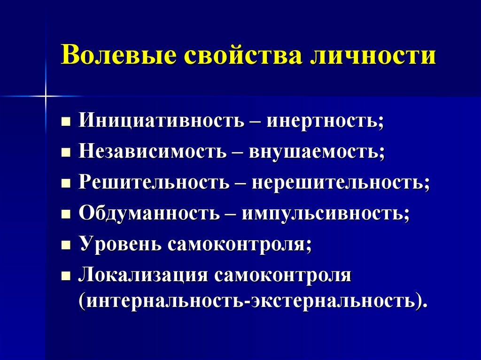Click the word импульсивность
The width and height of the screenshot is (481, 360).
[324, 213]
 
